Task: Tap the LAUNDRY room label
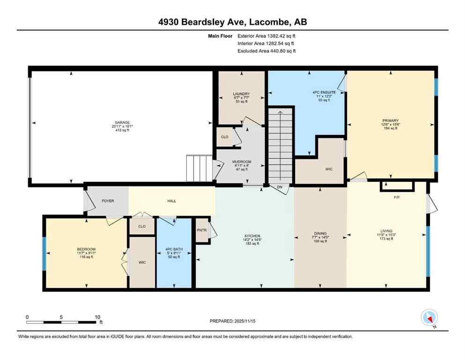(241, 94)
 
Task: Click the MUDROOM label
(242, 162)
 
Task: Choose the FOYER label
(108, 201)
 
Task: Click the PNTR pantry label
(202, 230)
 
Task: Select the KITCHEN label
(252, 236)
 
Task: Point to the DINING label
(320, 233)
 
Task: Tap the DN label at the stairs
(280, 187)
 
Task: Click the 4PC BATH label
(174, 249)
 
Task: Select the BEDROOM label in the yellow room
(86, 249)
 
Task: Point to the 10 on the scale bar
(97, 316)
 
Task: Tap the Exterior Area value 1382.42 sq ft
(279, 35)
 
